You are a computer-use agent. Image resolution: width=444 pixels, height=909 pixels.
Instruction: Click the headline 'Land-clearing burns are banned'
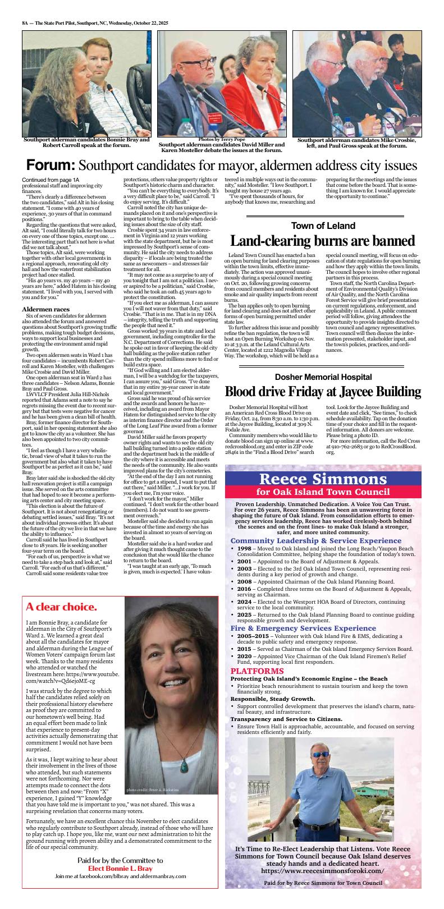pyautogui.click(x=323, y=241)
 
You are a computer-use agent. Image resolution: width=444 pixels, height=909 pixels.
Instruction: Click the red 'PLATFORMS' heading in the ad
pyautogui.click(x=257, y=671)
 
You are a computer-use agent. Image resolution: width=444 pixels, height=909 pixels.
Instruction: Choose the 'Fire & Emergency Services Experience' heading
pyautogui.click(x=299, y=628)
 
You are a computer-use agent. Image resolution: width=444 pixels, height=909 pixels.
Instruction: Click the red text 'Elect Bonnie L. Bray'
pyautogui.click(x=120, y=868)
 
